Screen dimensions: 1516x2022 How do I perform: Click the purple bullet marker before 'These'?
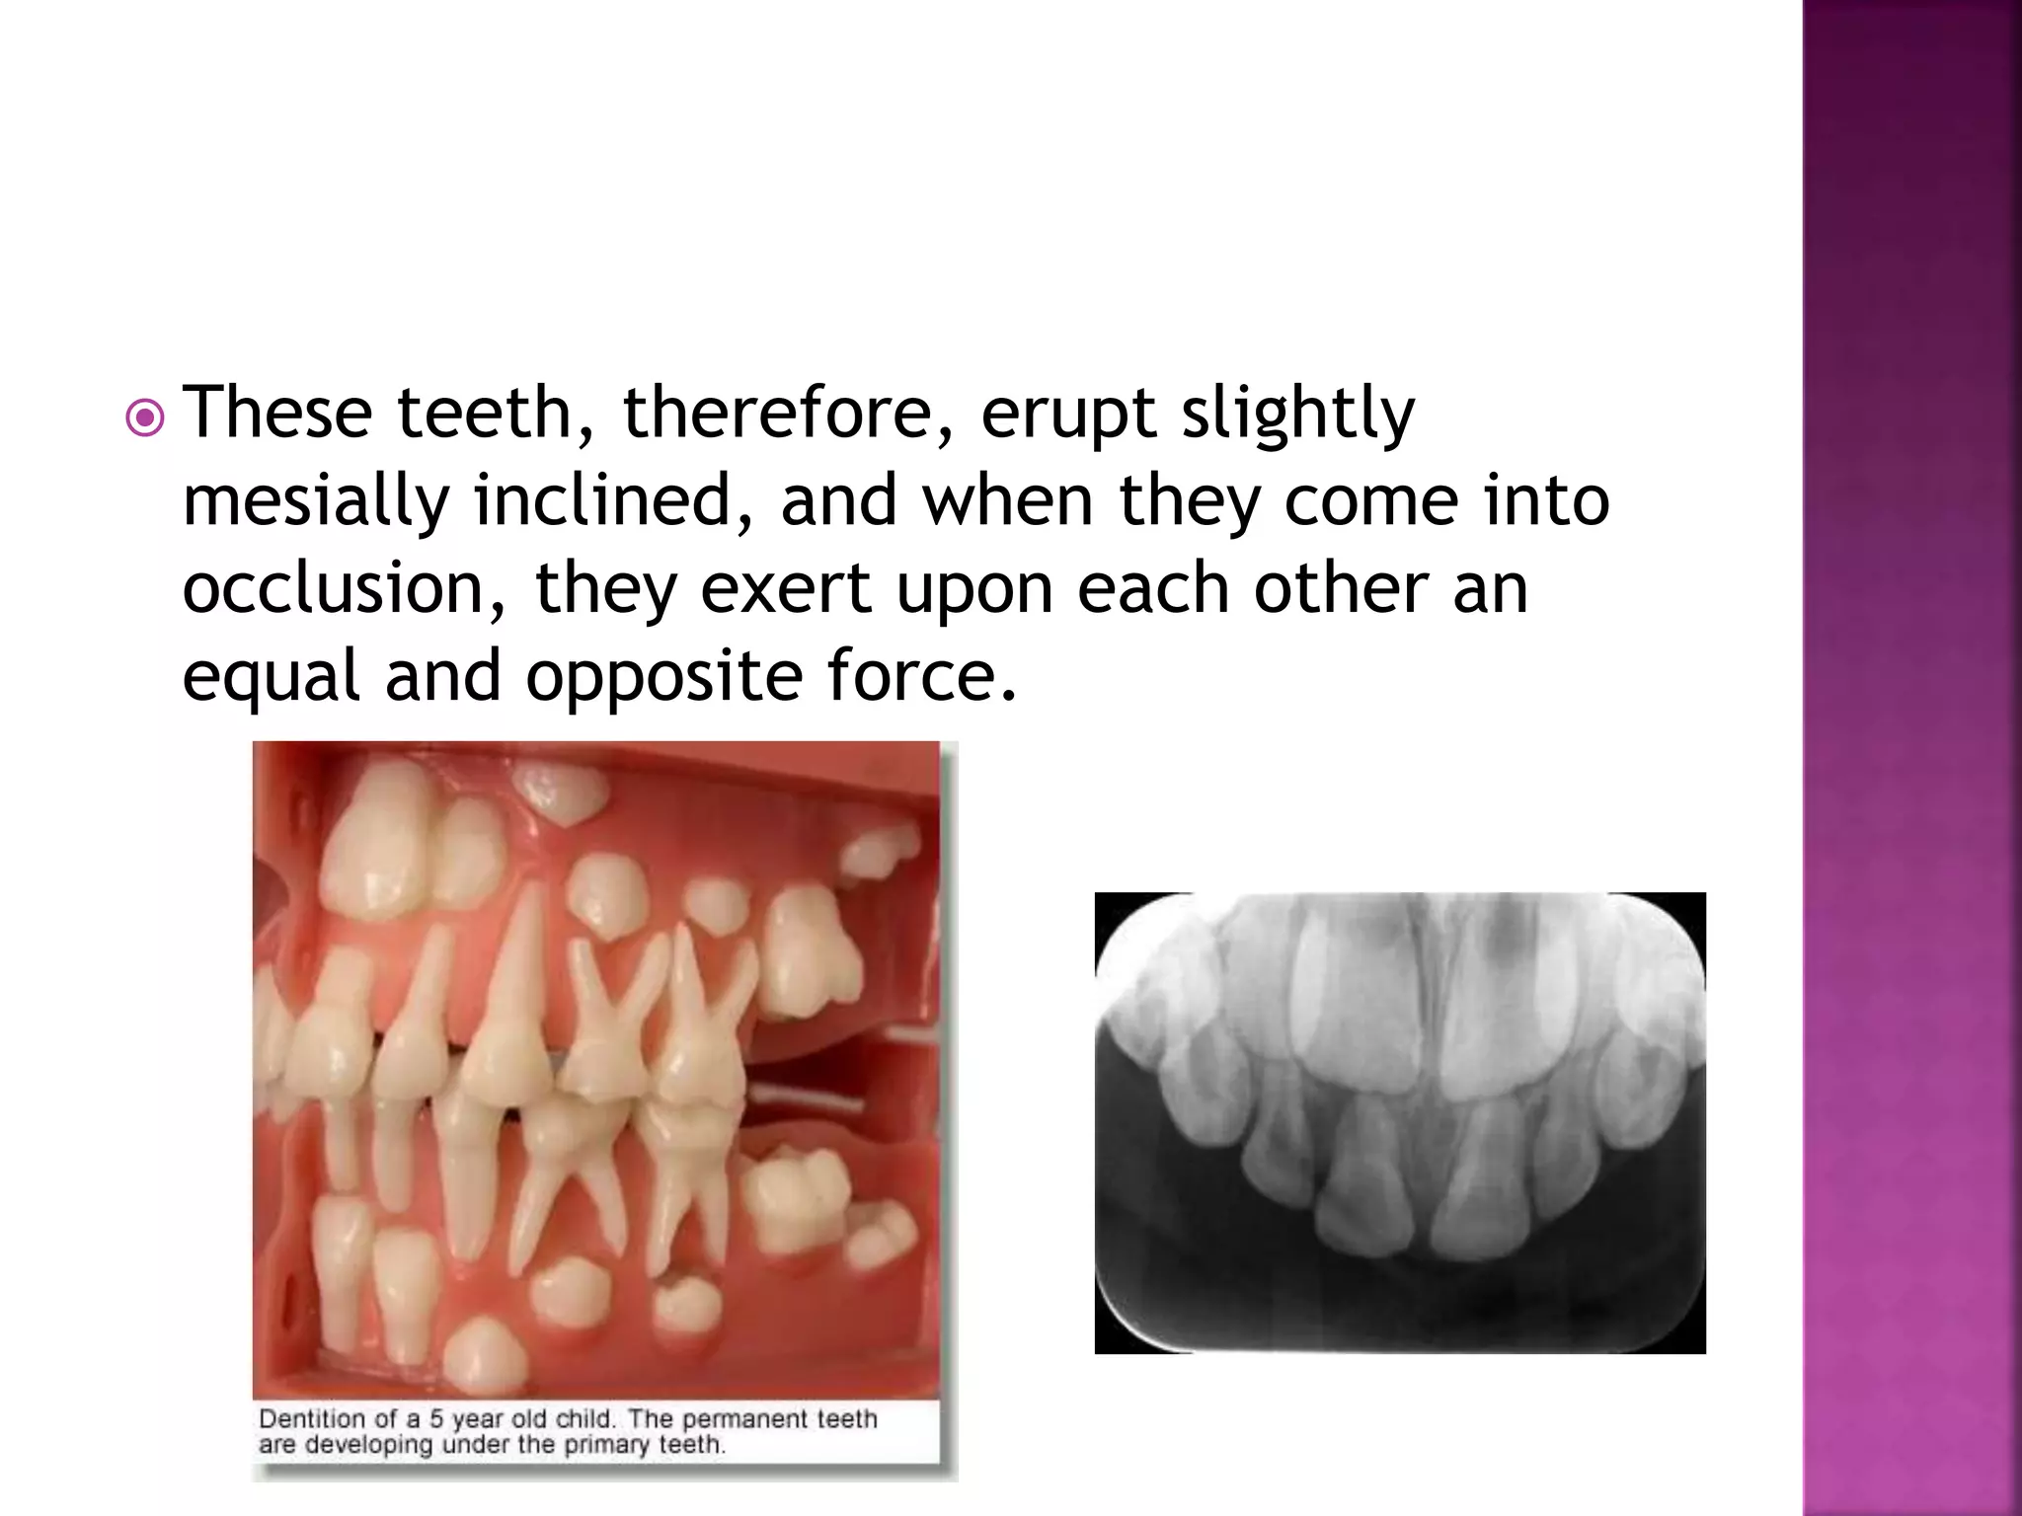pos(145,418)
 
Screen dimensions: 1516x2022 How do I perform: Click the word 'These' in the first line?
pos(278,413)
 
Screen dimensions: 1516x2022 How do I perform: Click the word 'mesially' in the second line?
pos(316,501)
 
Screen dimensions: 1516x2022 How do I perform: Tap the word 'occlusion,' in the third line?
pos(346,588)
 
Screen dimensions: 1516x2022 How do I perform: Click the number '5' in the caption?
pos(435,1419)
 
